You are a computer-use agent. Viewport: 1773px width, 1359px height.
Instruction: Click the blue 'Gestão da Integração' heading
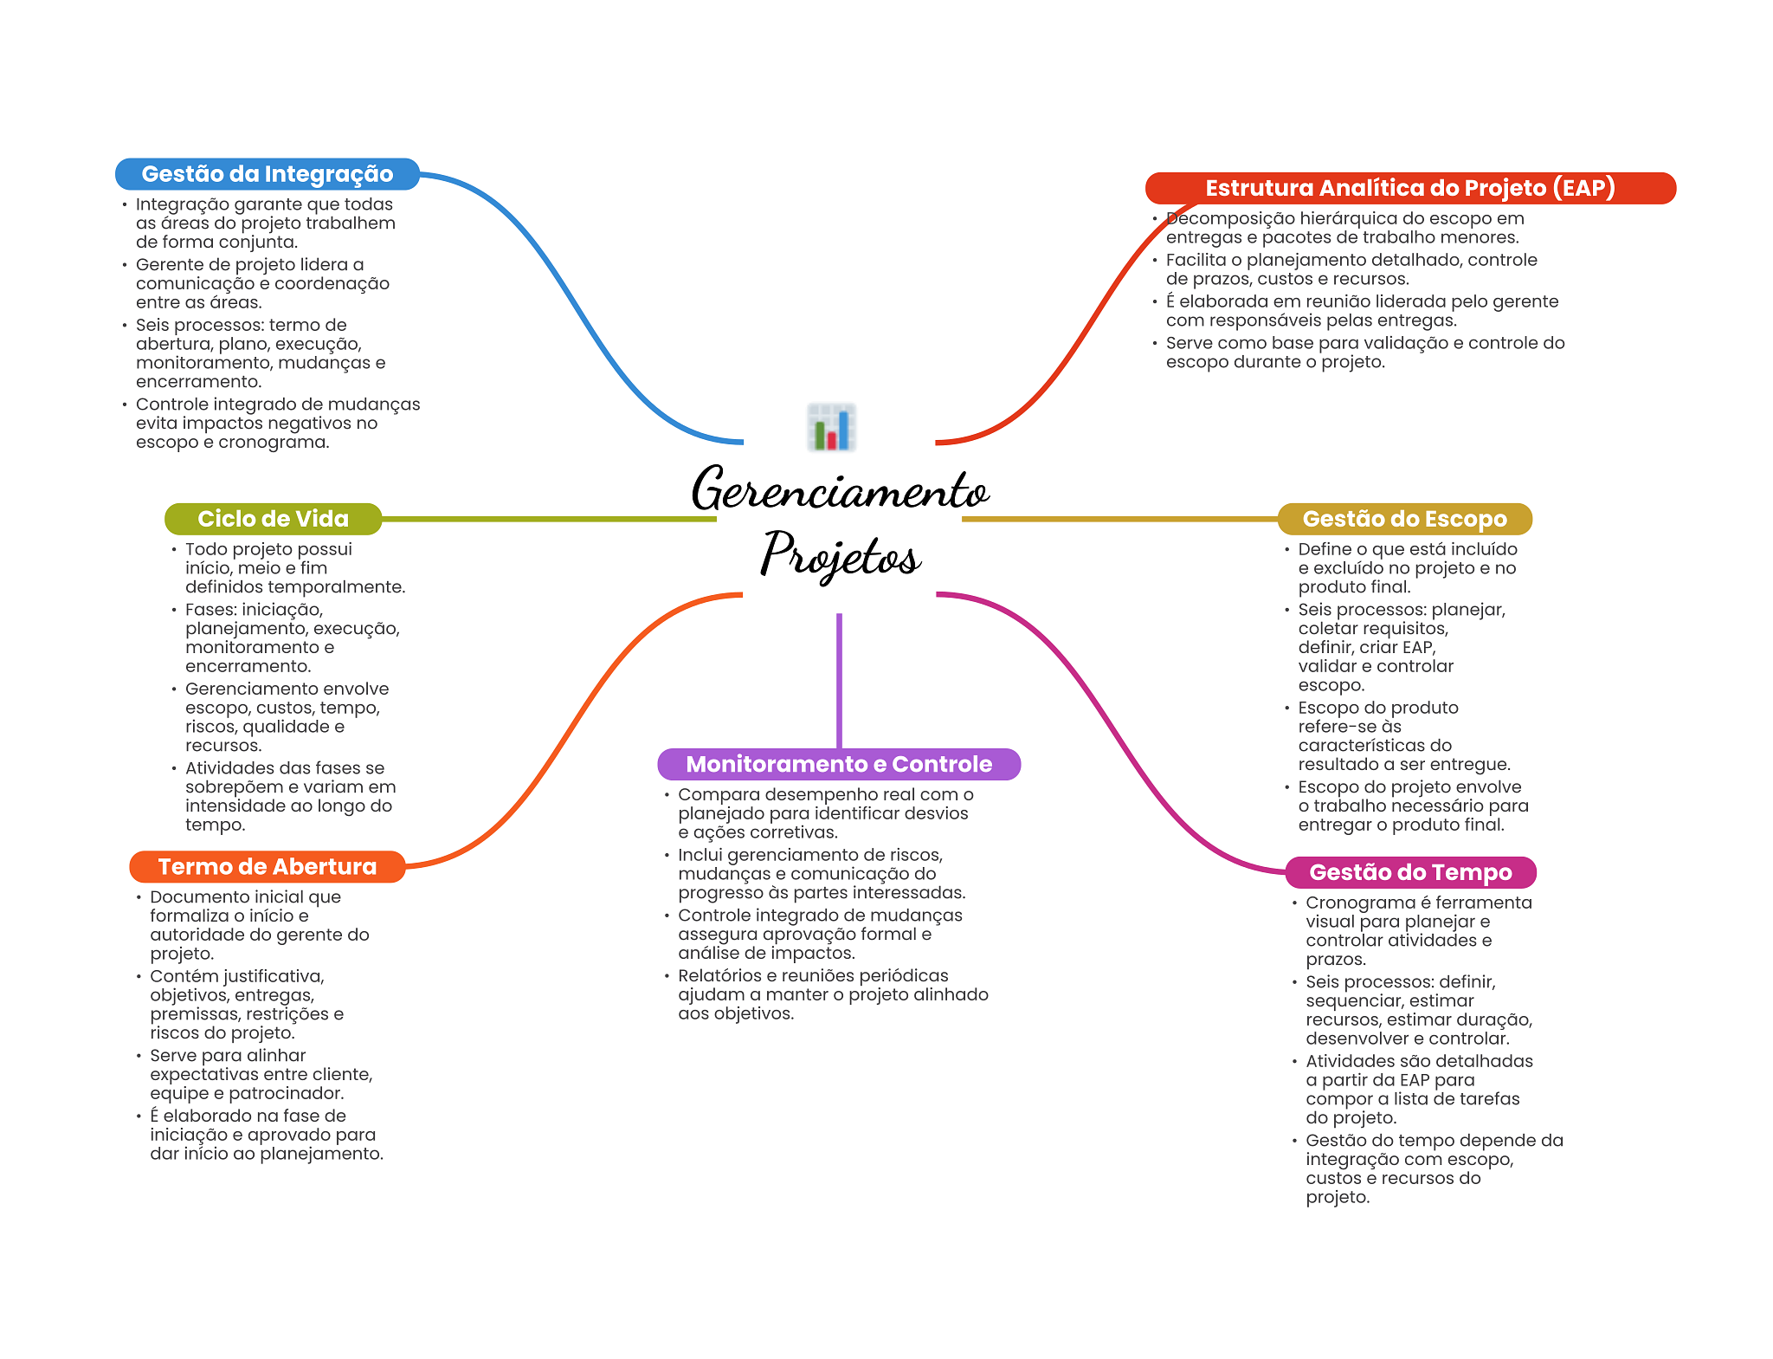coord(267,174)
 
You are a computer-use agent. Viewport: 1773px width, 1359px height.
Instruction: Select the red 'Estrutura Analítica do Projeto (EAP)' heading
coord(1409,188)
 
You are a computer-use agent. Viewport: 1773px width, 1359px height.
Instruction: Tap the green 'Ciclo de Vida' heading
coord(273,519)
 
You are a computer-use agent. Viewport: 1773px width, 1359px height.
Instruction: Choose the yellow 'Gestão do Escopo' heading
coord(1404,519)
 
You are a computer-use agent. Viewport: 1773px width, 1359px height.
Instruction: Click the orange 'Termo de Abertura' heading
coord(267,867)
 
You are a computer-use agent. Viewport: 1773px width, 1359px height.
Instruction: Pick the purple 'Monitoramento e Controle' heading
coord(838,764)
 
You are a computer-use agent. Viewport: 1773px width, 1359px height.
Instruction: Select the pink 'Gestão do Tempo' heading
coord(1409,872)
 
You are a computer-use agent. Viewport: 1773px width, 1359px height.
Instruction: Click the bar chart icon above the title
coord(831,427)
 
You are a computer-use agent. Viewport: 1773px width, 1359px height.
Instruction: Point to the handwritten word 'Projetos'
coord(840,554)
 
